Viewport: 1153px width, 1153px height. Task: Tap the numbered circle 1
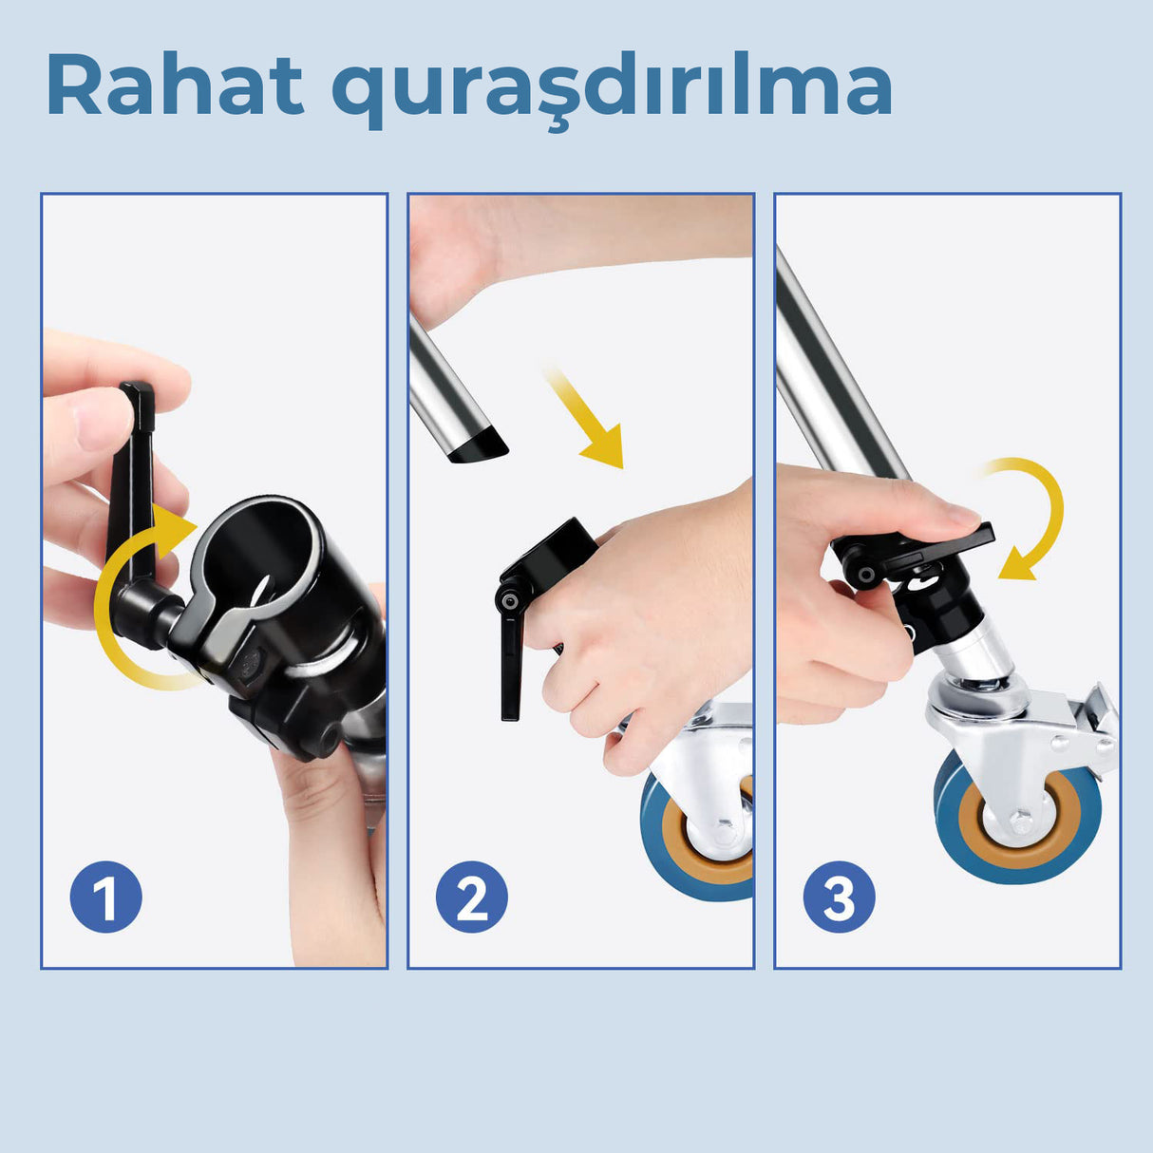(x=106, y=897)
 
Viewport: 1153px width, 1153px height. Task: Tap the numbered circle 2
(x=472, y=897)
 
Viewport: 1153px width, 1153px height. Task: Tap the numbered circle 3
(x=839, y=897)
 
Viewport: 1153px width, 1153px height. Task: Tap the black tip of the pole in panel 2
(x=479, y=444)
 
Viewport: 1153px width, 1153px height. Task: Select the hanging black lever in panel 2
(x=511, y=665)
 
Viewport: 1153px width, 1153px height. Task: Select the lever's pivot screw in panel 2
(x=510, y=601)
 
